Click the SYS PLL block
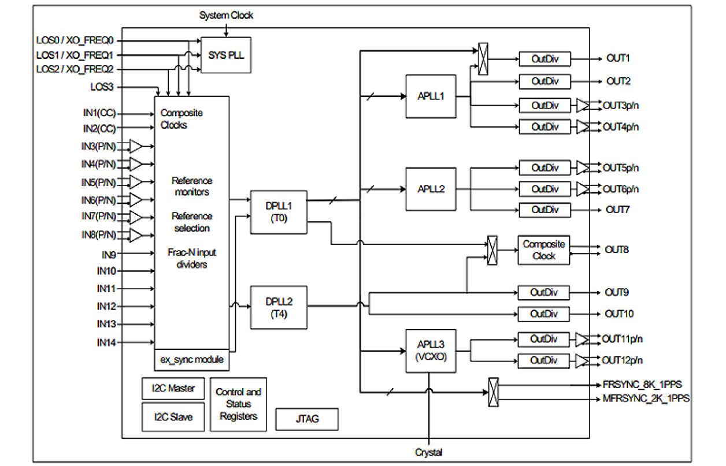pos(225,55)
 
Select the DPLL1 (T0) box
pos(279,212)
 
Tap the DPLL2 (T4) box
pos(279,307)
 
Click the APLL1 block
pos(431,96)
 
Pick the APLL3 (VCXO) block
pos(431,351)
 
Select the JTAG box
pos(307,419)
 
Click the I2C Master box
pos(173,389)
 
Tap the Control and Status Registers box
pos(238,404)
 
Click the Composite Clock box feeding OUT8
pos(543,250)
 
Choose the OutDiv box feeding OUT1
pos(544,59)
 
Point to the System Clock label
pos(226,16)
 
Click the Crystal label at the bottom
pos(429,452)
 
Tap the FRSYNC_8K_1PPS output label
pos(642,385)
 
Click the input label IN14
pos(107,342)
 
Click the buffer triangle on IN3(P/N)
pos(135,146)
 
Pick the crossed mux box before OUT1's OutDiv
pos(483,59)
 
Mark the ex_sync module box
pos(191,360)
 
